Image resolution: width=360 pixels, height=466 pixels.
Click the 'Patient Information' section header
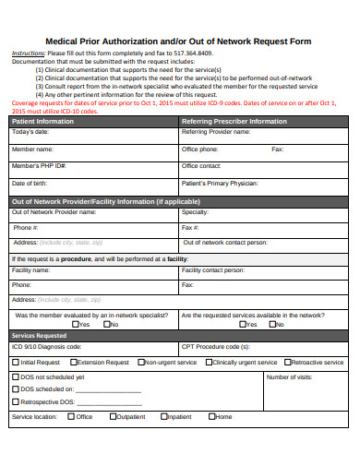click(x=42, y=121)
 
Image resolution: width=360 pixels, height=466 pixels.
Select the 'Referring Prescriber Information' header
click(x=234, y=121)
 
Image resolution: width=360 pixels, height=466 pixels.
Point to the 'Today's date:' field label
click(x=31, y=132)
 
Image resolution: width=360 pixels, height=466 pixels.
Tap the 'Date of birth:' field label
click(x=30, y=183)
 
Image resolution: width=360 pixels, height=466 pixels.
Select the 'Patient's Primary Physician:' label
click(x=220, y=183)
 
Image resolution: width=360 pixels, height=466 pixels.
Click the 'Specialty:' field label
click(x=195, y=211)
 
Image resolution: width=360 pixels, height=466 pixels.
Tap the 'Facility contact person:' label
click(x=214, y=270)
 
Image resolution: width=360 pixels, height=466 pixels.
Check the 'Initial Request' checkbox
click(x=15, y=363)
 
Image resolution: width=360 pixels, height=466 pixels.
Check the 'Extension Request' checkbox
click(x=73, y=363)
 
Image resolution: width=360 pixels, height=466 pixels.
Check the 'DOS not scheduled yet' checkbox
click(x=15, y=376)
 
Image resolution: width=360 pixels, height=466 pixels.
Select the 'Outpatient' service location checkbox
click(x=113, y=416)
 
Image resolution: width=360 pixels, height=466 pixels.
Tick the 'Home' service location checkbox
click(x=210, y=416)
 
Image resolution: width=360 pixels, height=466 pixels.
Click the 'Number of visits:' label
click(x=289, y=376)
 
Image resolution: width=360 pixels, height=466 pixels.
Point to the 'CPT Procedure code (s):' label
click(x=215, y=346)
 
